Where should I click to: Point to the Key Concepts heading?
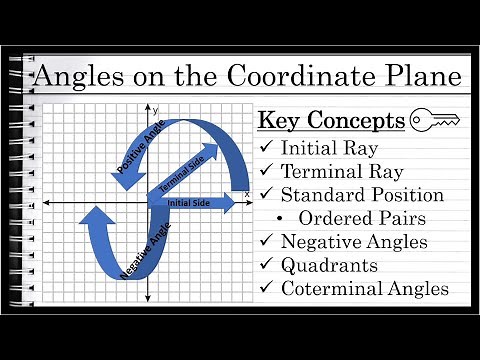pyautogui.click(x=331, y=121)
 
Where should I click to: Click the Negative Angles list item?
pyautogui.click(x=354, y=241)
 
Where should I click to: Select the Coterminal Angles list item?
pyautogui.click(x=364, y=289)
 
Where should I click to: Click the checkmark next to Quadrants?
pyautogui.click(x=266, y=265)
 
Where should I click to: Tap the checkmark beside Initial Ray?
pyautogui.click(x=266, y=147)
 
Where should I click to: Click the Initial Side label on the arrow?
pyautogui.click(x=190, y=202)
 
